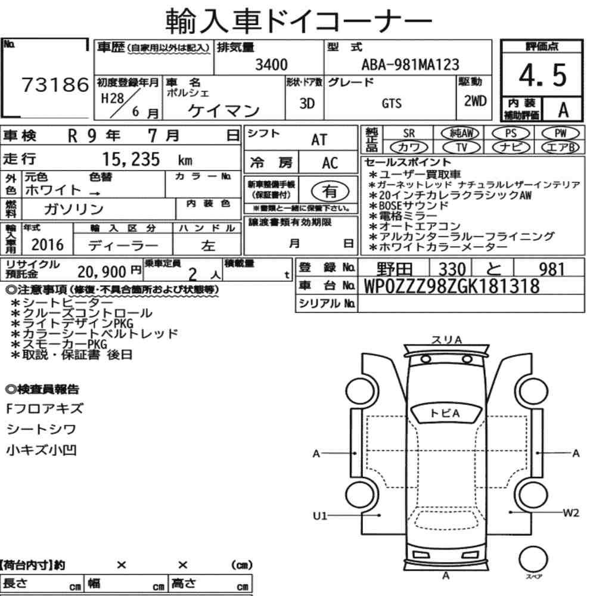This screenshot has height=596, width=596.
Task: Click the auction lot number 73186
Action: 55,85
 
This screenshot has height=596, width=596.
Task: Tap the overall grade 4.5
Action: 542,75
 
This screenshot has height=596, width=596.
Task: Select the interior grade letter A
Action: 563,110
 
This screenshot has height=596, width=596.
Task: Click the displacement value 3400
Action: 271,64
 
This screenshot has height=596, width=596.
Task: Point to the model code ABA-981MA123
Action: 410,64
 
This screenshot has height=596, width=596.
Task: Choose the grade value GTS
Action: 392,103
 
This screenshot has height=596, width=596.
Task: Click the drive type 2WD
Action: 475,101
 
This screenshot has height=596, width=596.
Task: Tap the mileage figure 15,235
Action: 131,159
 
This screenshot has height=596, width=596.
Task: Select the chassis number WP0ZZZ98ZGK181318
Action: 452,286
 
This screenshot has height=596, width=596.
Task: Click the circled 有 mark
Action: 330,191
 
